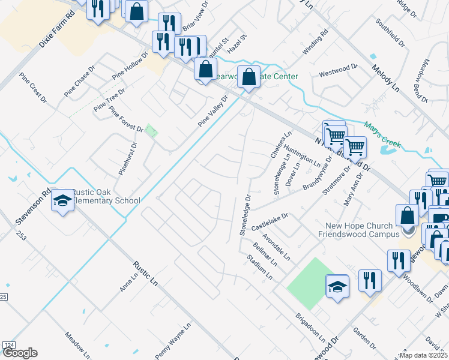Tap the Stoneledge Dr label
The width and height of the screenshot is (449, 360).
pyautogui.click(x=244, y=214)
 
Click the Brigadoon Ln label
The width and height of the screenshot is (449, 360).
pyautogui.click(x=310, y=326)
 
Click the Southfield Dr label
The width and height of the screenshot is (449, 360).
pyautogui.click(x=390, y=34)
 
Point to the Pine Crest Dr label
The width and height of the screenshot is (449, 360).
pyautogui.click(x=32, y=88)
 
